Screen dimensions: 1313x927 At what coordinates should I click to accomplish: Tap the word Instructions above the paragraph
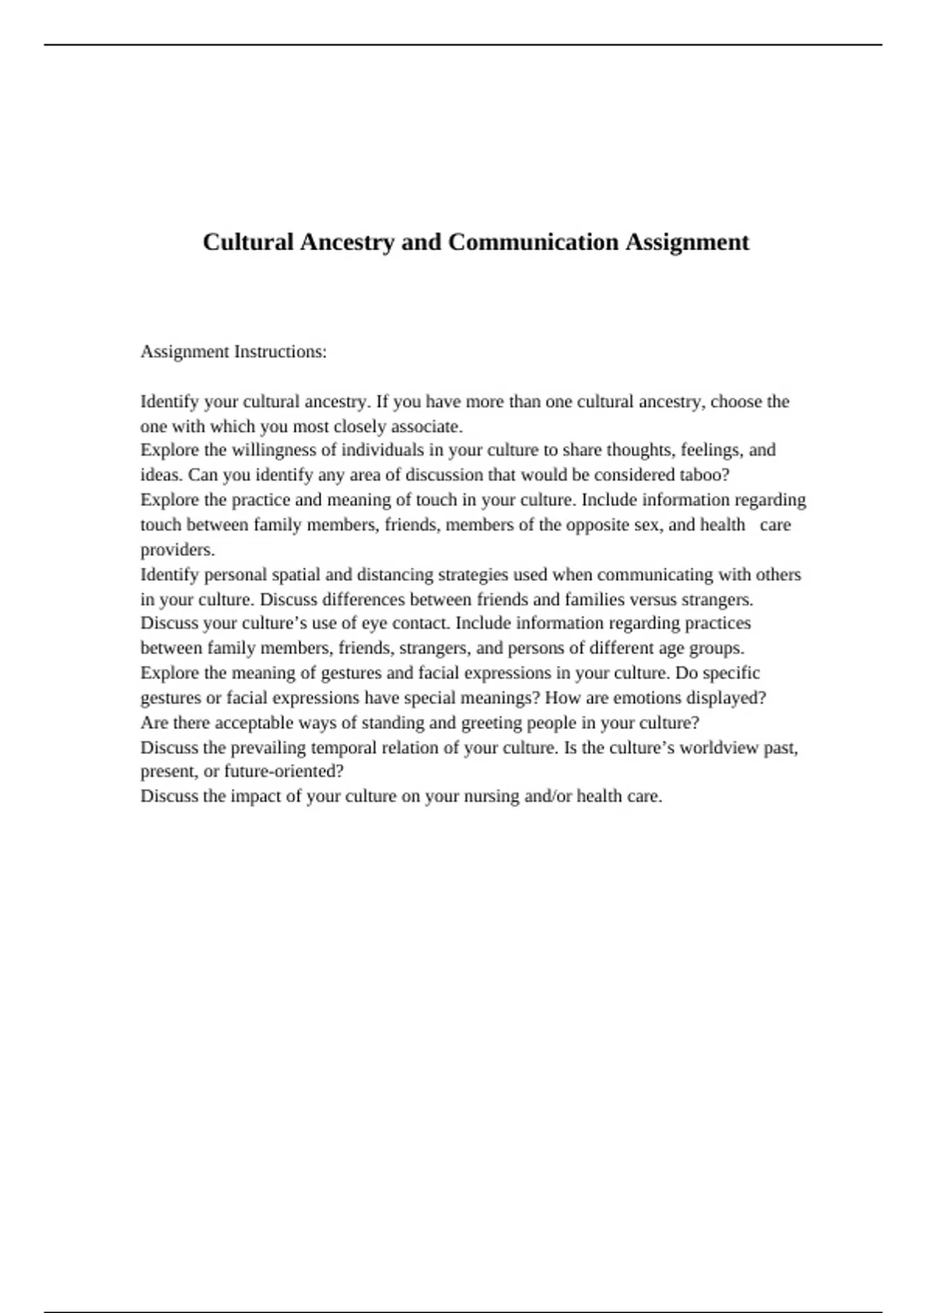point(280,352)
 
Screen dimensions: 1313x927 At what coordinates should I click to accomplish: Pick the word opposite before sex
point(597,525)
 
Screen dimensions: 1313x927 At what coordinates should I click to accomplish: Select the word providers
point(178,550)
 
